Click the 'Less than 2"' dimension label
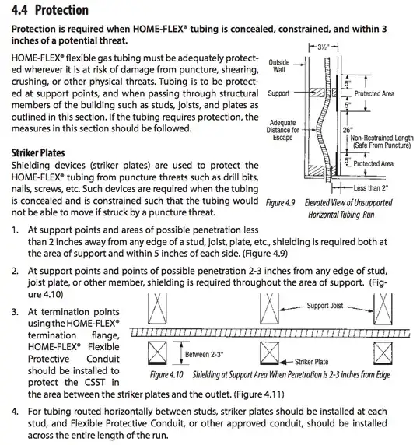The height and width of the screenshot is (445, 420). [x=375, y=188]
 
